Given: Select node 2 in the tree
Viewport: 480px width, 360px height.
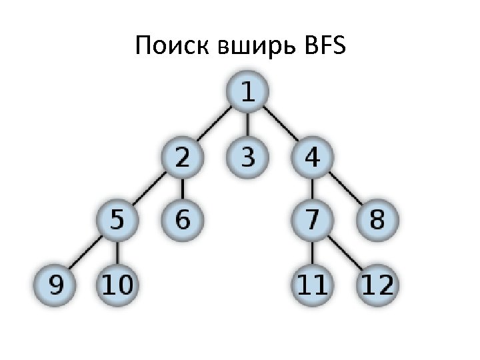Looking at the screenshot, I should click(181, 158).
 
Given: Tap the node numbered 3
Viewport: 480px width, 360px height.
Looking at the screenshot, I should click(247, 158).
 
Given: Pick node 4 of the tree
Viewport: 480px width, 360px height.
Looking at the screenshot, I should click(312, 158).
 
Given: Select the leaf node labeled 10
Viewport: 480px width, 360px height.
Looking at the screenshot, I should click(117, 285).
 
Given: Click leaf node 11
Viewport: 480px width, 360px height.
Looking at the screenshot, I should click(312, 285).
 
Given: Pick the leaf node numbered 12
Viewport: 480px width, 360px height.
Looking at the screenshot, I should click(377, 285).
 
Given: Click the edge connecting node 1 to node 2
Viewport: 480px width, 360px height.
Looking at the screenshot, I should click(214, 126).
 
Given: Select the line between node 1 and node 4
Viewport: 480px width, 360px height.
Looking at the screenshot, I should click(280, 126).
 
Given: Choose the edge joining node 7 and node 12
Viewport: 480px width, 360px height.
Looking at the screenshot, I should click(345, 254).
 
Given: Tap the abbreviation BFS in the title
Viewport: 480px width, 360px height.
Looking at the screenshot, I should click(323, 46).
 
